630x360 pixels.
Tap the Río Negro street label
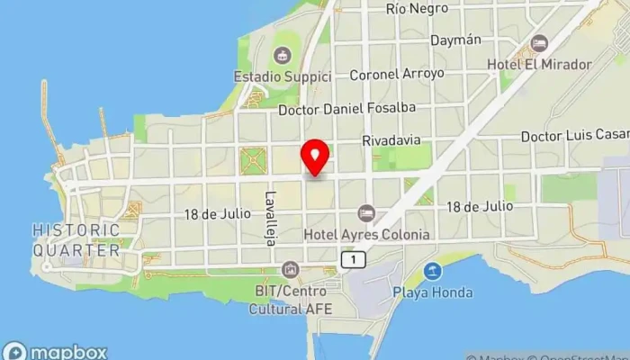[x=417, y=8]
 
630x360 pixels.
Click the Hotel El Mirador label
[x=539, y=65]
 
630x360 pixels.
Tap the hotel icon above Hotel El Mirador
[x=539, y=43]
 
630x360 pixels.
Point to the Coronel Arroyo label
[x=397, y=75]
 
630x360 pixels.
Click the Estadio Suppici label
[x=283, y=76]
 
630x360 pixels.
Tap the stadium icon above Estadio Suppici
[x=284, y=56]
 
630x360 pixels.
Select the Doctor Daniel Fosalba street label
[x=348, y=110]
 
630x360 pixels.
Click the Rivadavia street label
[x=391, y=141]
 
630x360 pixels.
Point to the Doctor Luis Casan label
[x=574, y=136]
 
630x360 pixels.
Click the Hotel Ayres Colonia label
[x=366, y=234]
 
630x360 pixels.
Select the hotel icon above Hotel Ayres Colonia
[x=365, y=212]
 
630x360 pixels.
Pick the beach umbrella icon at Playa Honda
[x=434, y=271]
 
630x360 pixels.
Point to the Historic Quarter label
[x=76, y=240]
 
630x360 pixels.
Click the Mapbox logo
[x=56, y=351]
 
